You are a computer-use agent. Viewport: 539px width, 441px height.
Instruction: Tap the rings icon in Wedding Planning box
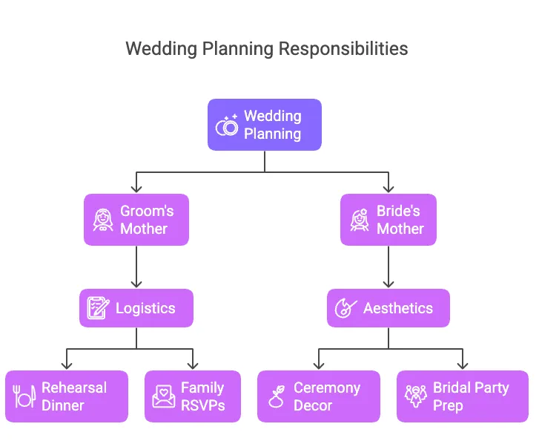pos(226,125)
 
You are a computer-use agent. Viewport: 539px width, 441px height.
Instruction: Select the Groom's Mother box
pos(136,220)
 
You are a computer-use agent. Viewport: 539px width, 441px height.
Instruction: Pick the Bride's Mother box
pos(388,220)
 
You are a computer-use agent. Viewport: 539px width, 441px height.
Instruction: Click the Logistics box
pos(136,308)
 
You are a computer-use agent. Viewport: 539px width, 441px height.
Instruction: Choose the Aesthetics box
pos(388,308)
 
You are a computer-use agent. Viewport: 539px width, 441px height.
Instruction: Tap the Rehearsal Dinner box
pos(67,396)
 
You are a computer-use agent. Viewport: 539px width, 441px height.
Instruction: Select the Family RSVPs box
pos(193,396)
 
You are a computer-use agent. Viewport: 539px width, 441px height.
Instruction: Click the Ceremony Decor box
pos(319,396)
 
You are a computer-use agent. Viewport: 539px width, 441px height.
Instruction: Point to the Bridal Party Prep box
pos(463,396)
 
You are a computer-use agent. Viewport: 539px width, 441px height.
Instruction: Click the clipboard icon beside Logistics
pos(98,308)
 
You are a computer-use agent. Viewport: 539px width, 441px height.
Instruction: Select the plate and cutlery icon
pos(24,397)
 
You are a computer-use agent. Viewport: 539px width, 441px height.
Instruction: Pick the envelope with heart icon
pos(163,397)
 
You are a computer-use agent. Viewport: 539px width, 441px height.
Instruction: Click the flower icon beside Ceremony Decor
pos(277,397)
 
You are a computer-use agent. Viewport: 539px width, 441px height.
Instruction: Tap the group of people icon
pos(415,397)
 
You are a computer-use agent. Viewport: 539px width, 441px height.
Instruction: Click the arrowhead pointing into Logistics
pos(136,284)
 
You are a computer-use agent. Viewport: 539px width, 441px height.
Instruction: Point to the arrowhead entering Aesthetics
pos(388,284)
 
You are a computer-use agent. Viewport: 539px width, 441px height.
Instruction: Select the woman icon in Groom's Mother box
pos(102,220)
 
